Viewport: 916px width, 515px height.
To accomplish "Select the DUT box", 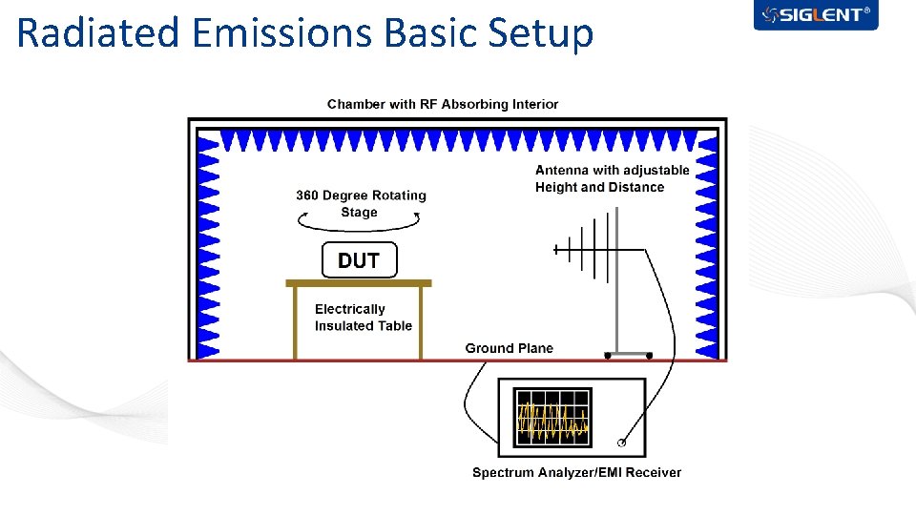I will click(x=359, y=260).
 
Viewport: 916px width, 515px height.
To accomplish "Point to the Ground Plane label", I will click(x=509, y=348).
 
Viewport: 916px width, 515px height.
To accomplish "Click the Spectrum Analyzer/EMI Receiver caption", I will click(x=576, y=472).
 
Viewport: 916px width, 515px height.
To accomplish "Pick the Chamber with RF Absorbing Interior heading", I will click(x=443, y=104).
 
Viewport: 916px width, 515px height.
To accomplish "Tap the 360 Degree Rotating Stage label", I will click(x=361, y=203).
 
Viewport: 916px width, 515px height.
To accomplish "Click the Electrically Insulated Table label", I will click(x=364, y=317).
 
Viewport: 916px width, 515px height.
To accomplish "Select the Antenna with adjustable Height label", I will click(x=612, y=178).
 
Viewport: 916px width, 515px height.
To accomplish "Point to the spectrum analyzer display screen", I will click(x=552, y=418).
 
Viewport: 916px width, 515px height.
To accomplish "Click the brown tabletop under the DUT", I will click(x=359, y=283).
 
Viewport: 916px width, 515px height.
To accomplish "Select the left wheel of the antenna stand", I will click(x=607, y=356).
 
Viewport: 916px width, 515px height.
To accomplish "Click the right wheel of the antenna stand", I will click(x=649, y=356).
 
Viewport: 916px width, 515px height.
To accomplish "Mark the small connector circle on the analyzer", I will click(x=622, y=443).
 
